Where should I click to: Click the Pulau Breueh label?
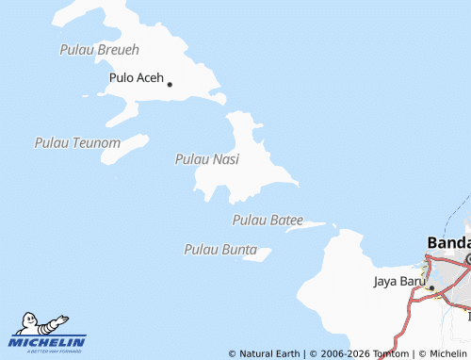pos(99,49)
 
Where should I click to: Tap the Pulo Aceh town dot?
pos(170,84)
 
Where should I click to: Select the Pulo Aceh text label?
pos(137,78)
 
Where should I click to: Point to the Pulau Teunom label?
pos(77,142)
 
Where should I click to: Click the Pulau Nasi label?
pos(207,160)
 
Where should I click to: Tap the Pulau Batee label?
pos(268,220)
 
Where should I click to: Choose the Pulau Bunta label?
pos(220,249)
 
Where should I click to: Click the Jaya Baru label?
pos(397,281)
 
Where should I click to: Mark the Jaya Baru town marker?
pos(430,286)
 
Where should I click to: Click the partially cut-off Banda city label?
pos(448,242)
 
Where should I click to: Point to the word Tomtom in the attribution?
pos(389,353)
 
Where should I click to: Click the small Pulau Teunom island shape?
pos(126,149)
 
